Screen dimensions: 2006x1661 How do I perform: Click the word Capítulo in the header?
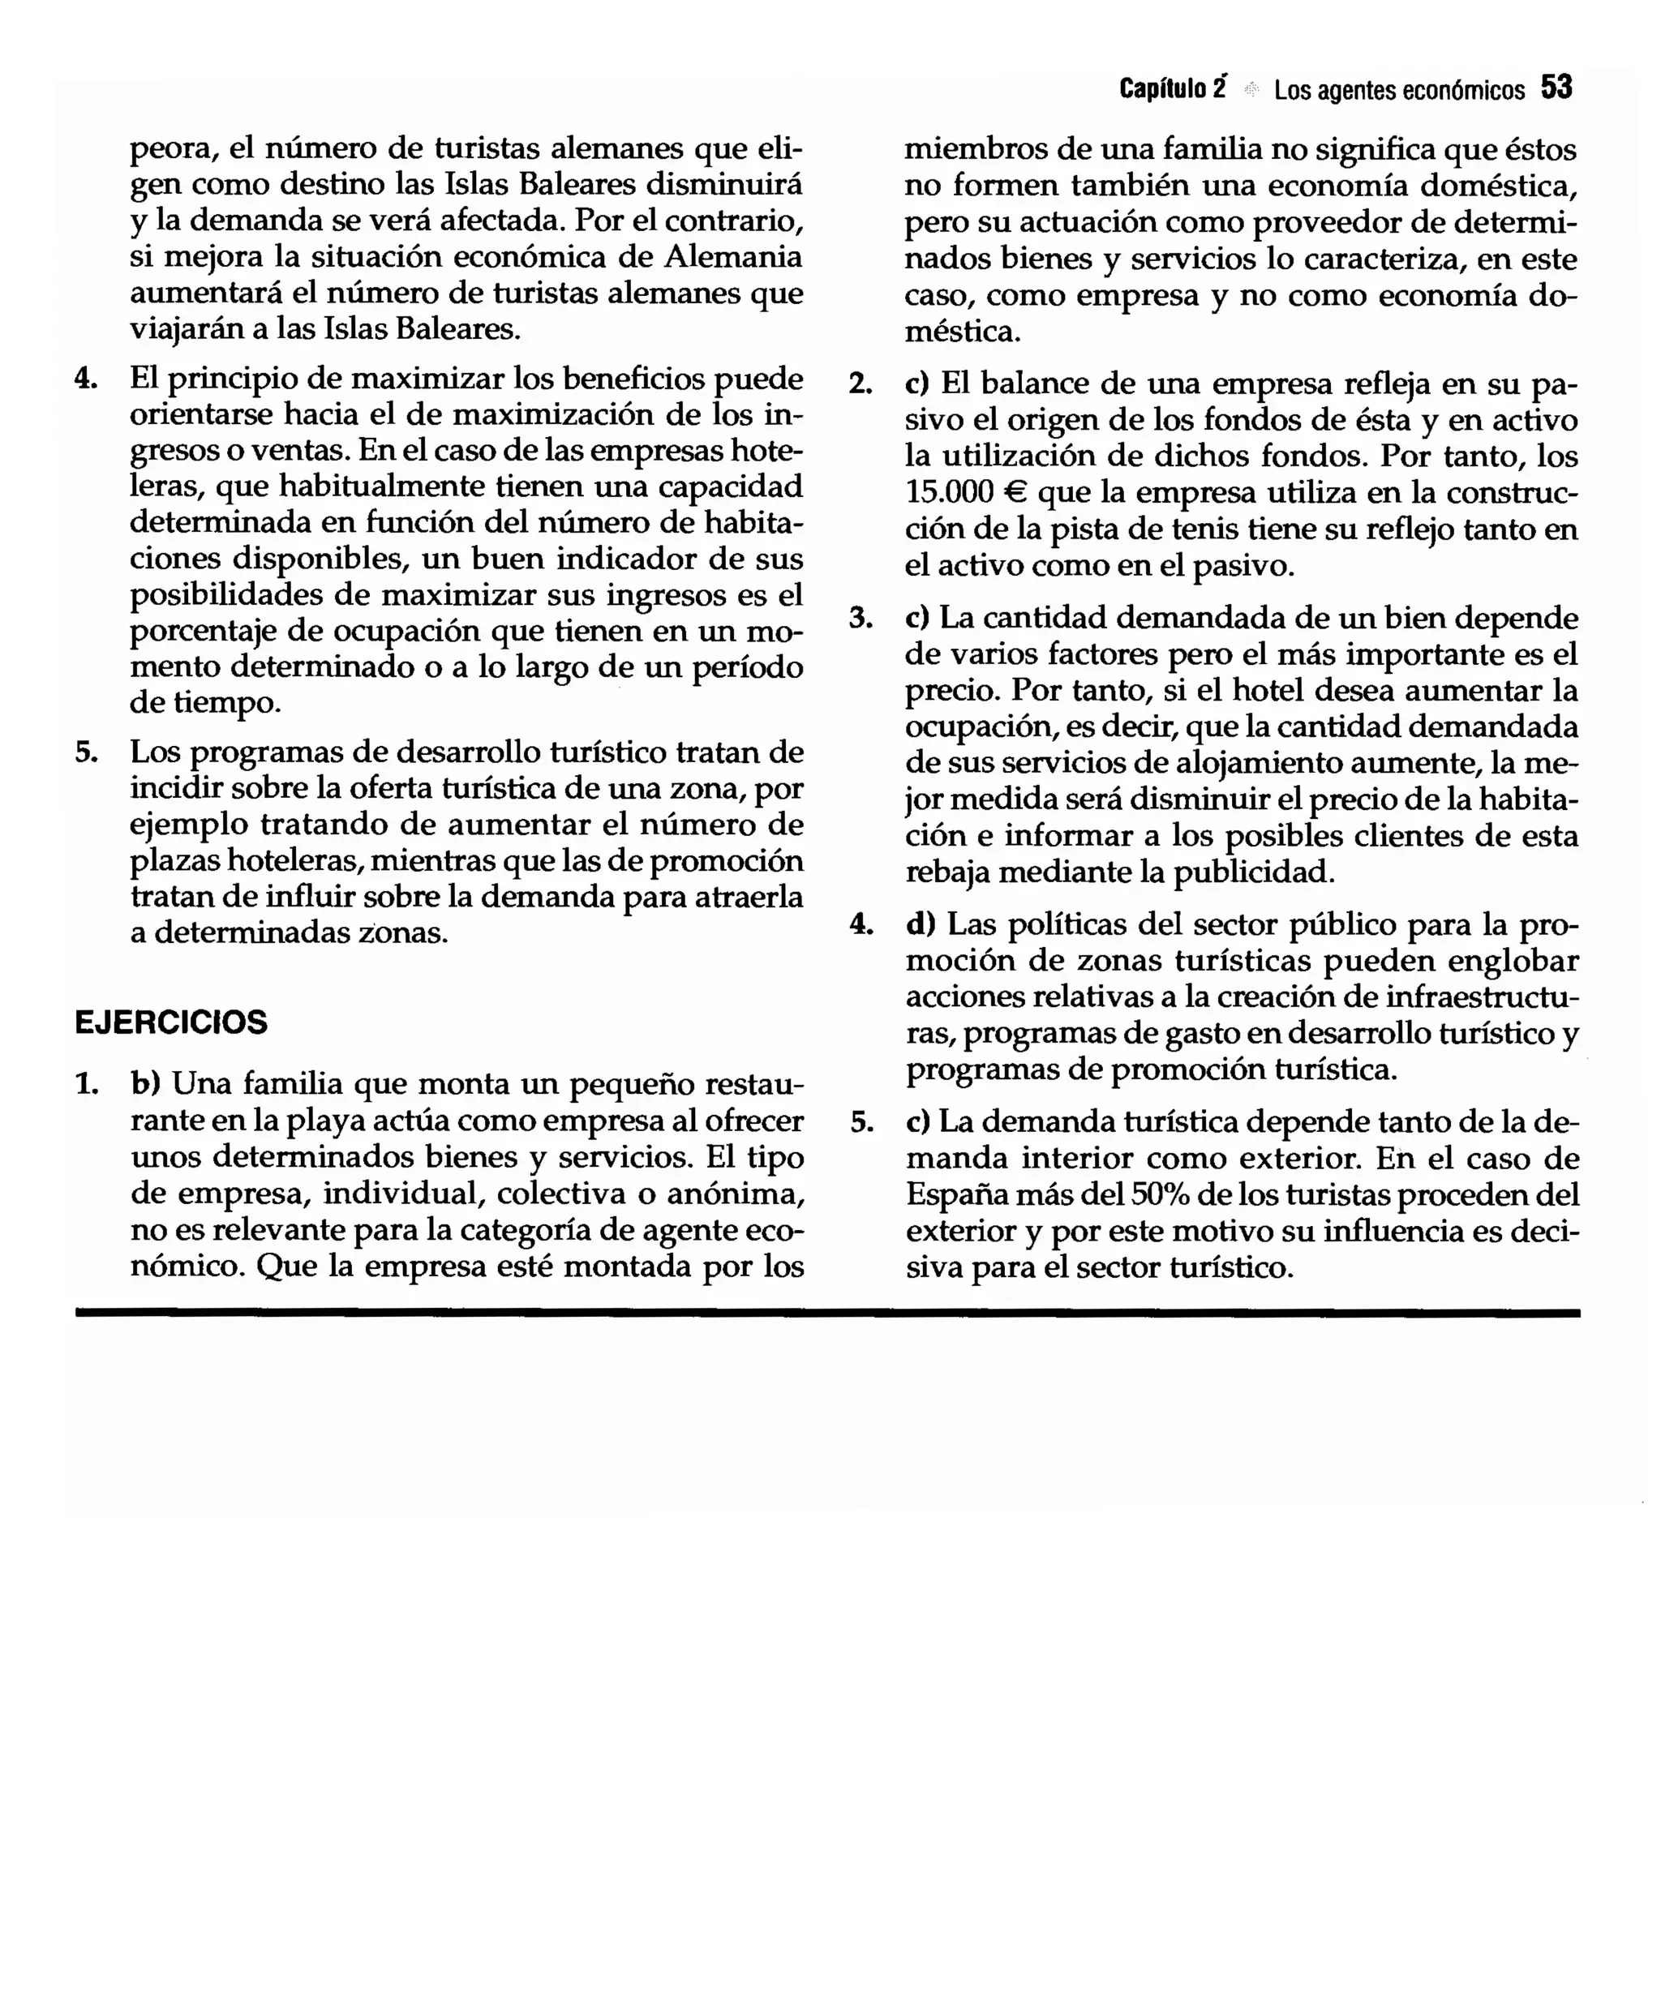tap(1161, 89)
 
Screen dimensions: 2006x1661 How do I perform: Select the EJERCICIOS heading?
tap(171, 1022)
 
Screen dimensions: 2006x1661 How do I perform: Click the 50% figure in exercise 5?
tap(1156, 1195)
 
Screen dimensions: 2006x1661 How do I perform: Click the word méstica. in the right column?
tap(963, 332)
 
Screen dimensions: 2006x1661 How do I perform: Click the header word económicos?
tap(1463, 90)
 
